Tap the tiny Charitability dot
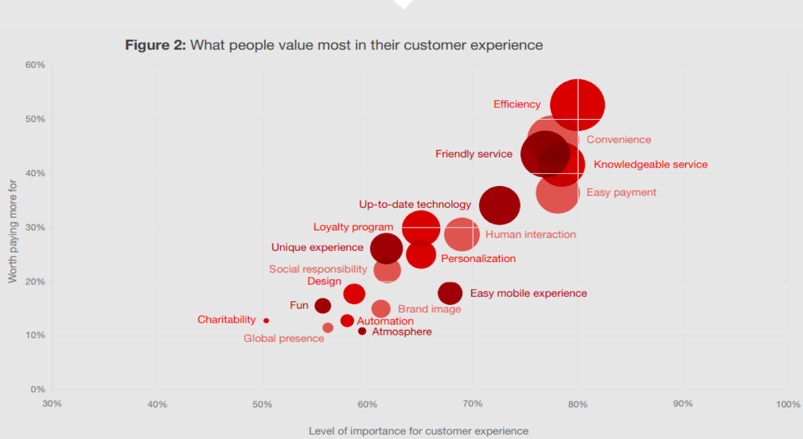266,321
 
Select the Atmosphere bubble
362,331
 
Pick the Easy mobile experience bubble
450,293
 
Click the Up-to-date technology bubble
499,205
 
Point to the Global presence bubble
328,328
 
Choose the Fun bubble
323,305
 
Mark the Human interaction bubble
462,234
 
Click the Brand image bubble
381,309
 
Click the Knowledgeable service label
650,165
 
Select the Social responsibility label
318,269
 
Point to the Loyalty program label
353,227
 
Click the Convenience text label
619,139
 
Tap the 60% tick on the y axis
35,65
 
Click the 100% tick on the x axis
787,404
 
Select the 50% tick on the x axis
262,404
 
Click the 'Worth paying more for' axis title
13,231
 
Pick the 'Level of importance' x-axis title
418,431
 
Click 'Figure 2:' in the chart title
155,45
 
